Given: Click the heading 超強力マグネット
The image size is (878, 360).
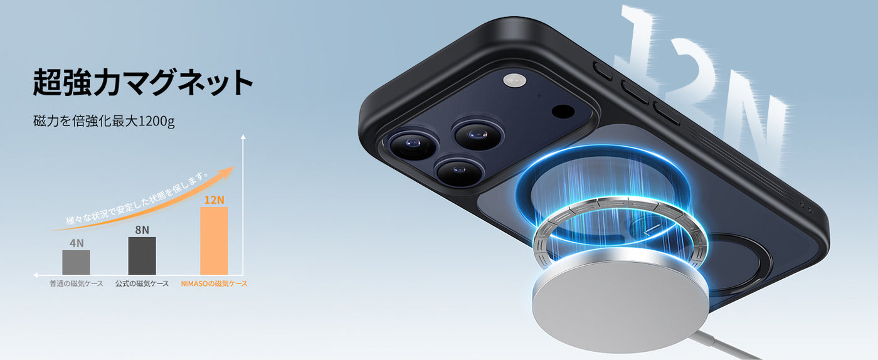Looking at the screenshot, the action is pos(143,82).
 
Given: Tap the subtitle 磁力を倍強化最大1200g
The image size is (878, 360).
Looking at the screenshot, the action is pos(104,121).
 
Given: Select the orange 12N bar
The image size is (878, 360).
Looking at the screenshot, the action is pos(214,241).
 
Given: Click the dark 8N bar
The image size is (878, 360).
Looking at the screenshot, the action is pos(142,256).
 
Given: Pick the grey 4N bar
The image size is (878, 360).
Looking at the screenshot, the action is pos(76,262).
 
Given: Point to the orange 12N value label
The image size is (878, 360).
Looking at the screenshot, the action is pos(214,200).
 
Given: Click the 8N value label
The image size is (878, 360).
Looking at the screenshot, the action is pos(142,230).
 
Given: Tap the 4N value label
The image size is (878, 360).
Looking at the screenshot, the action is pos(77,243).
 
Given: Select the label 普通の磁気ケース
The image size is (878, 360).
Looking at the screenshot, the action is pos(76,283).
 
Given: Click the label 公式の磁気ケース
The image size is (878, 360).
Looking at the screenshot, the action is pos(142,283).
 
